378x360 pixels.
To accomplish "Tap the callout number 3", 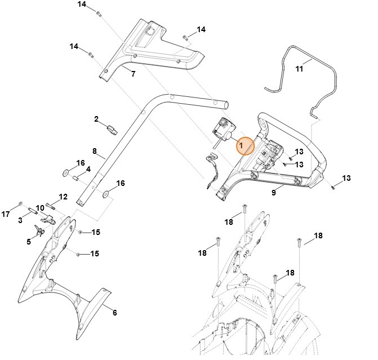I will click(20, 219).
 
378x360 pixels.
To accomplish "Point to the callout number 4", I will click(88, 169).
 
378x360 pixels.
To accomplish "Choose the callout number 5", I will click(29, 242).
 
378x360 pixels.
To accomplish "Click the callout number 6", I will click(114, 313).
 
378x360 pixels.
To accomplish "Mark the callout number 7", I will click(133, 74).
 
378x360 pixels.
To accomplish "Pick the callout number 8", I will click(95, 151).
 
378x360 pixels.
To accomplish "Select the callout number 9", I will click(273, 193).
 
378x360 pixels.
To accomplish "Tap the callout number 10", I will click(40, 208).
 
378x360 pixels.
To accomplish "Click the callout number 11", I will click(299, 69).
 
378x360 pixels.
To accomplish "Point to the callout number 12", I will click(63, 197).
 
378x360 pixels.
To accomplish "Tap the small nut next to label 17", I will click(20, 204).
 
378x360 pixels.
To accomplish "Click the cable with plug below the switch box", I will click(211, 171).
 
